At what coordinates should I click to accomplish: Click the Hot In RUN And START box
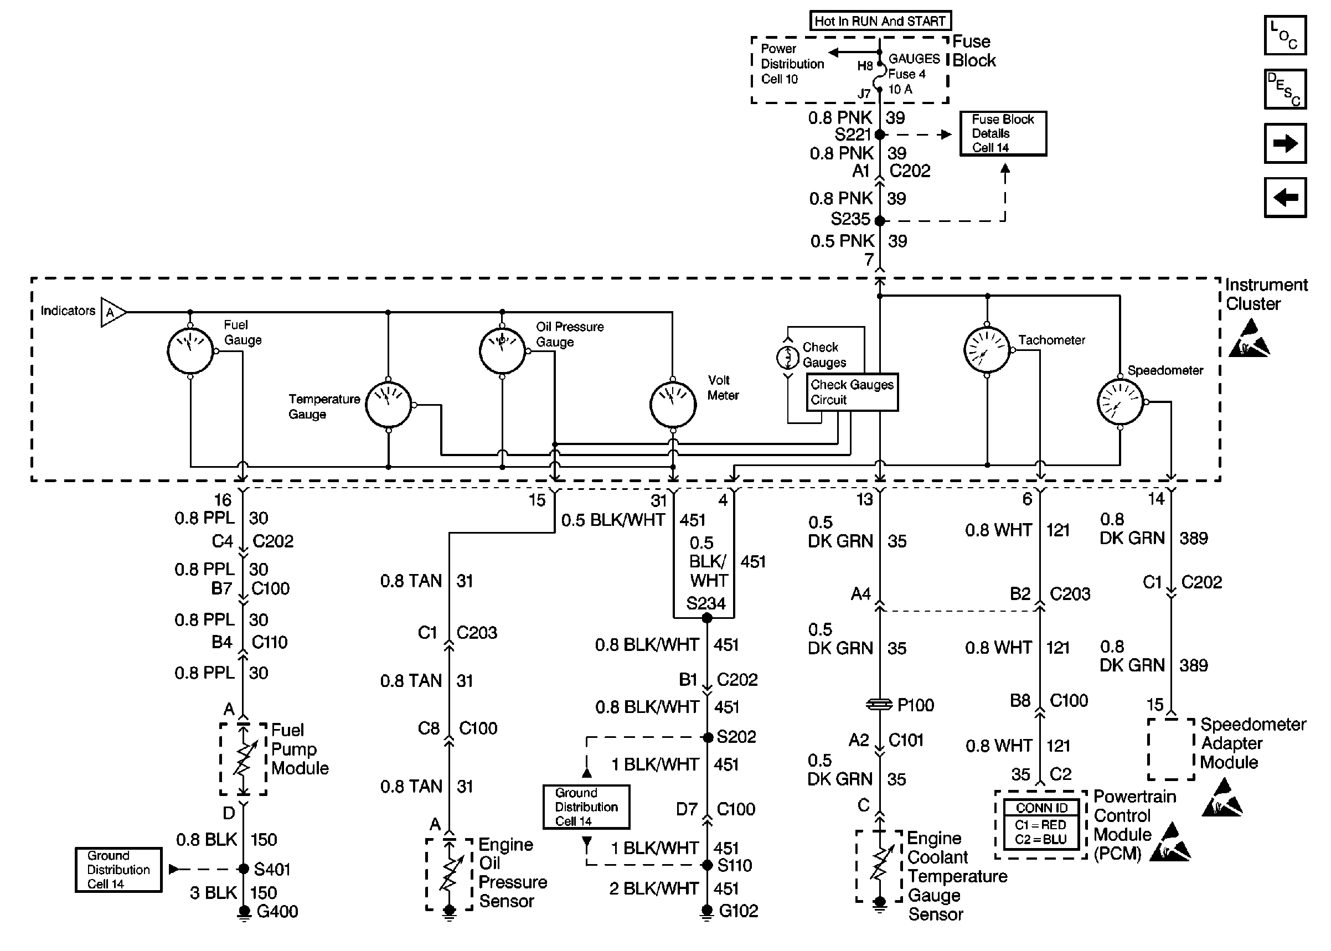coord(880,21)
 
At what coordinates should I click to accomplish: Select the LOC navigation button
coord(1284,35)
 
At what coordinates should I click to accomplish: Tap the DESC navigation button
coord(1284,90)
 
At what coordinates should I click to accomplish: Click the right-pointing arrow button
coord(1284,143)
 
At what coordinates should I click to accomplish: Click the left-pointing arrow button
coord(1284,198)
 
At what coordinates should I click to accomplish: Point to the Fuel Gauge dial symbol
coord(190,351)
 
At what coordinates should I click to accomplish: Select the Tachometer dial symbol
coord(987,350)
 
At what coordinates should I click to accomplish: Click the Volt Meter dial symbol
coord(673,405)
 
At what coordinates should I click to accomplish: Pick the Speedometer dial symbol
coord(1120,402)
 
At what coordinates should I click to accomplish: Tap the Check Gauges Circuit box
coord(852,392)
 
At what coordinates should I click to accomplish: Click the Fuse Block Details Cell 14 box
coord(1003,133)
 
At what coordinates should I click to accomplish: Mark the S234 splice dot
coord(707,618)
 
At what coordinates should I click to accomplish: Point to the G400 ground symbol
coord(244,912)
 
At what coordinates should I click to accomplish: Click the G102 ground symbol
coord(707,912)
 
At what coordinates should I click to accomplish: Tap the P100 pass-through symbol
coord(879,705)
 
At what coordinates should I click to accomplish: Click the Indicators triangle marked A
coord(112,312)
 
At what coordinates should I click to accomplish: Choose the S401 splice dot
coord(244,869)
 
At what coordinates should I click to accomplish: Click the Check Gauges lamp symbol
coord(788,356)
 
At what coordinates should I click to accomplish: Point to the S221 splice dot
coord(880,135)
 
